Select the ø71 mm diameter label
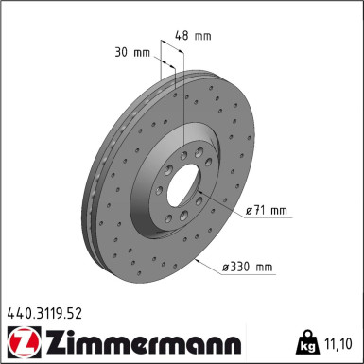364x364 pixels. (266, 211)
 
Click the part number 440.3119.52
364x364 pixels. (44, 308)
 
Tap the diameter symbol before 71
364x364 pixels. (250, 211)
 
